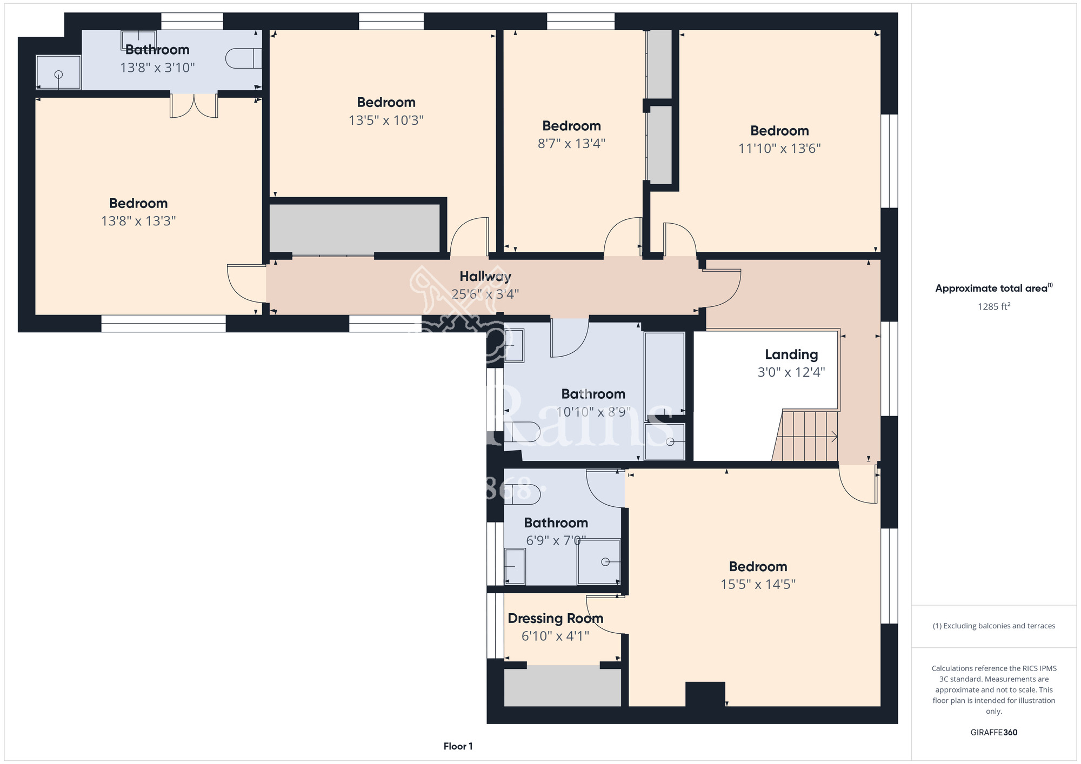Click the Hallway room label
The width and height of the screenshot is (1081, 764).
coord(485,277)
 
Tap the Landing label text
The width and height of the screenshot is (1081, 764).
coord(791,354)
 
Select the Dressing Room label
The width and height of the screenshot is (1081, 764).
coord(556,618)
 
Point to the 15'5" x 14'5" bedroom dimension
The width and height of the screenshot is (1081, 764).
coord(758,584)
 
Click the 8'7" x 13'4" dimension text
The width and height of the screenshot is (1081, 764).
coord(571,143)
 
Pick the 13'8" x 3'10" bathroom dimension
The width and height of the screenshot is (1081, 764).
coord(157,68)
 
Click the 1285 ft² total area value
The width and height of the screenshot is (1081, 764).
coord(994,306)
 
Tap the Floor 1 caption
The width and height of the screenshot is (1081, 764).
coord(458,746)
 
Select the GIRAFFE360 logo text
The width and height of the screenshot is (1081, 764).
coord(994,733)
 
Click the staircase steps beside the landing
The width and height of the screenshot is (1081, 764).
coord(805,436)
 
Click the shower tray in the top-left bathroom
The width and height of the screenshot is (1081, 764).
coord(58,72)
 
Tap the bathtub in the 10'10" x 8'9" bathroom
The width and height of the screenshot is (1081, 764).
coord(665,373)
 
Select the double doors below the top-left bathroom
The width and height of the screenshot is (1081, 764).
coord(194,105)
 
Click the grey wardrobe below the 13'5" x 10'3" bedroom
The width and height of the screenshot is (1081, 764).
coord(355,228)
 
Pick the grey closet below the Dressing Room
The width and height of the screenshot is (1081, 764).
coord(563,686)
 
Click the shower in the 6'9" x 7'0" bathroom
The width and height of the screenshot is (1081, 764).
coord(598,561)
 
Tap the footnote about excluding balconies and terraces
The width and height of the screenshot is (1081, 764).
coord(994,626)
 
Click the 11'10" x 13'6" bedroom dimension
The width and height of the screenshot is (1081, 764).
coord(779,148)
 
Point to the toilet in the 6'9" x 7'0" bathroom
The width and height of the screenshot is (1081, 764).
coord(522,494)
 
